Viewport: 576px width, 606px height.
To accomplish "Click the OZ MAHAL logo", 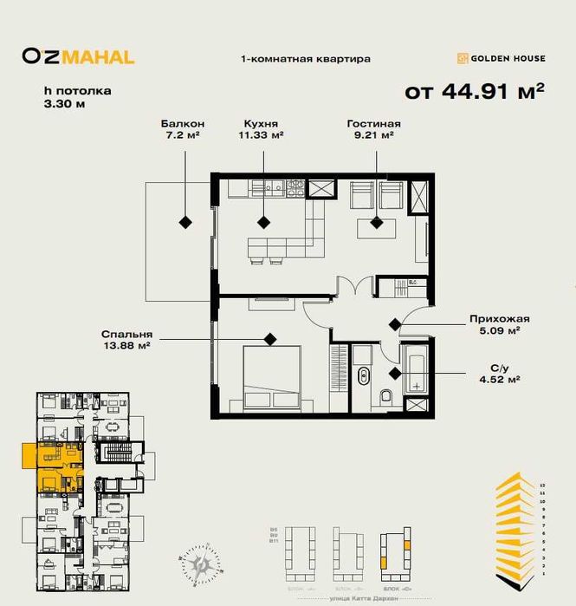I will point(78,57).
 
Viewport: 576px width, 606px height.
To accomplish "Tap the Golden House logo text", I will point(502,58).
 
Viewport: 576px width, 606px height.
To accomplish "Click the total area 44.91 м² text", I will point(475,89).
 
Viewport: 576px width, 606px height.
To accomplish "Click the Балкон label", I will point(182,124).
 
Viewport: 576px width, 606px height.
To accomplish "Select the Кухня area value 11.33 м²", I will point(262,135).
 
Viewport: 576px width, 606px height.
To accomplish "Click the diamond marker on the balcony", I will point(185,222).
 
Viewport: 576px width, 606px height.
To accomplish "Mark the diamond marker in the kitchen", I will point(262,222).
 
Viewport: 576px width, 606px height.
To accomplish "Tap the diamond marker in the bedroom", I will point(271,339).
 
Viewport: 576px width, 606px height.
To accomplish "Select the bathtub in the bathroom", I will point(417,370).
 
